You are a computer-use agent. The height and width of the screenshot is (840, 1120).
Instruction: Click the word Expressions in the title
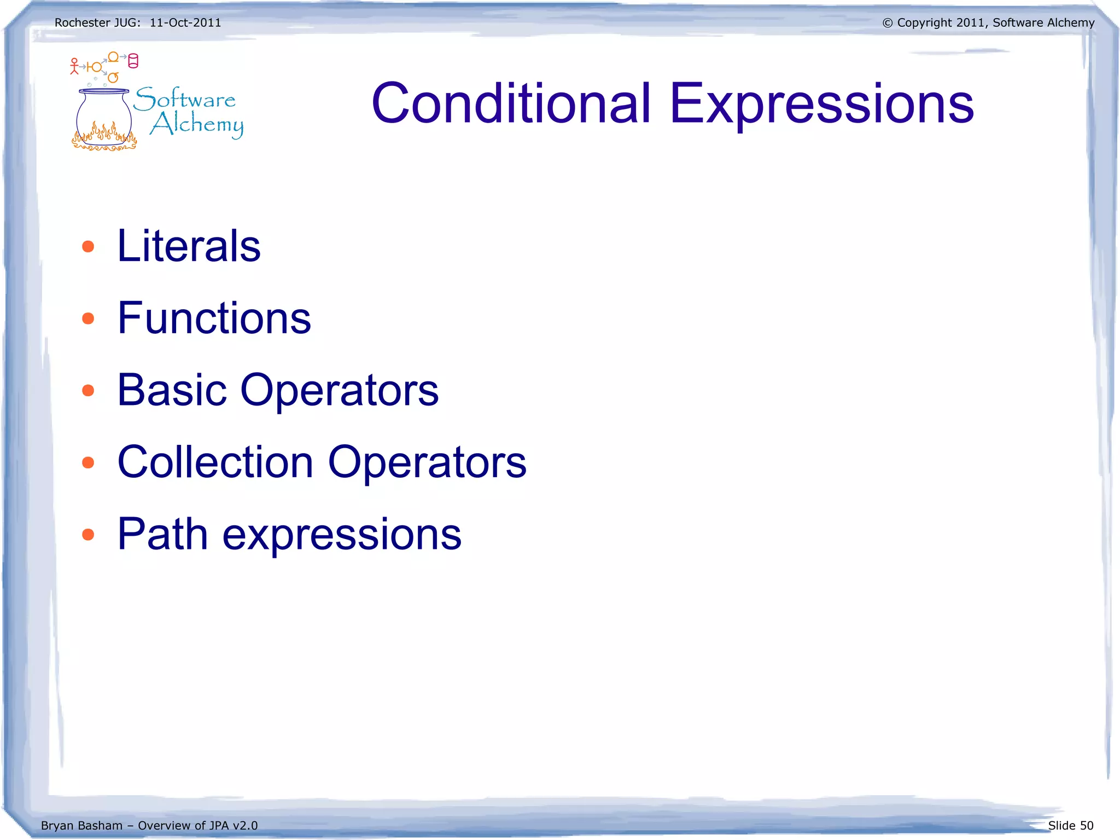tap(821, 104)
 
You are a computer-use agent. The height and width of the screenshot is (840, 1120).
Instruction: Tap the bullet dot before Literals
tap(88, 246)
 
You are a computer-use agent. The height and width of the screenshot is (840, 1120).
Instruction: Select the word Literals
tap(189, 246)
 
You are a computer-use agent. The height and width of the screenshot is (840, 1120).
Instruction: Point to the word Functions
tap(214, 318)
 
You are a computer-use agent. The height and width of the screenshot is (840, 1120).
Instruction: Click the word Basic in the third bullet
tap(172, 390)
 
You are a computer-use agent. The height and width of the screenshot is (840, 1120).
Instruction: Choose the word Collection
tap(215, 462)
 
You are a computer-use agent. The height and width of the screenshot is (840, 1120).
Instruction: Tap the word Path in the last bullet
tap(162, 534)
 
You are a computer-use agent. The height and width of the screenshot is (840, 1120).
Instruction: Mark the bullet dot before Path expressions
tap(88, 534)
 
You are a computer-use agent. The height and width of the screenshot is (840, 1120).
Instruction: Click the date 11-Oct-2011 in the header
tap(185, 22)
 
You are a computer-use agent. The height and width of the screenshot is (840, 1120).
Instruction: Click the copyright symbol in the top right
tap(887, 23)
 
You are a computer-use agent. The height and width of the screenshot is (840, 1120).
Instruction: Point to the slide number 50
tap(1086, 825)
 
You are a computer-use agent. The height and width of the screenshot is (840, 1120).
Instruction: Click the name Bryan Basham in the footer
tap(81, 825)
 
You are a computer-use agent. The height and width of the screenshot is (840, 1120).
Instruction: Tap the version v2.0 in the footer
tap(244, 825)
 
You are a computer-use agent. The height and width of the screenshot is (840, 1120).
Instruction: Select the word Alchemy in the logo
tap(197, 124)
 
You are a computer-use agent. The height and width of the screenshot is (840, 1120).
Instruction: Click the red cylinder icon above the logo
tap(133, 61)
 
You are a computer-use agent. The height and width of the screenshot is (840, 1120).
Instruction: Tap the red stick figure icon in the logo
tap(74, 66)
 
